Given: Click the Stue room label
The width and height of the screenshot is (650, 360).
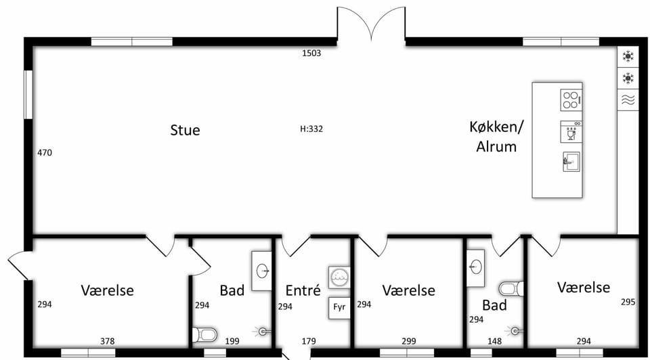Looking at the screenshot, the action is (185, 130).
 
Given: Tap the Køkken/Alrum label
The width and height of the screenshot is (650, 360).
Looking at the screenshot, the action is (496, 136).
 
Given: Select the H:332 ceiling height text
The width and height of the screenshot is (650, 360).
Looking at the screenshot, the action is (311, 129).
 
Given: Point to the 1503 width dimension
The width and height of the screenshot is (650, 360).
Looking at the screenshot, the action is (311, 53).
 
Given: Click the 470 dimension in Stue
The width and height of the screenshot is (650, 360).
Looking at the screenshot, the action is (45, 152).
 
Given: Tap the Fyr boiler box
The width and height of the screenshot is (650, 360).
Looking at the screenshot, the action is (339, 307).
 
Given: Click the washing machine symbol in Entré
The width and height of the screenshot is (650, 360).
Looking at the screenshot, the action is (339, 277).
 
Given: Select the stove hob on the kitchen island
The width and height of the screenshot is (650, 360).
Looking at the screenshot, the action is (571, 100).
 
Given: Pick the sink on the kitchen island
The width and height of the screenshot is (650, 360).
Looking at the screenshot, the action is (571, 162).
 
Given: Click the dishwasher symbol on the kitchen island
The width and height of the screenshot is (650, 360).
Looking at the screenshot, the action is (571, 132).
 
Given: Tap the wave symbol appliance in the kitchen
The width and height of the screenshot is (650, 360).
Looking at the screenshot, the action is (628, 99).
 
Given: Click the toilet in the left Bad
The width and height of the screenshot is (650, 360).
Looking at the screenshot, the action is (204, 334).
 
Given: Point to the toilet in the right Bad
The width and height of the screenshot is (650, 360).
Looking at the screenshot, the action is (511, 288).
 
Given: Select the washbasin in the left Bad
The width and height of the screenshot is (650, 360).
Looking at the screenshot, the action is (262, 271).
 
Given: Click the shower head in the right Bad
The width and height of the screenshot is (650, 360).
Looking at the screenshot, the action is (514, 331).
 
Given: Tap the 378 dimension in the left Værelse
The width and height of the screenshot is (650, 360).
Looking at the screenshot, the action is (108, 341).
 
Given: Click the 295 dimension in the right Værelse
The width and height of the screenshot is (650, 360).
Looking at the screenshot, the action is (628, 302).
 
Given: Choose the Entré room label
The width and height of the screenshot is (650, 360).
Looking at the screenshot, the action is (303, 290).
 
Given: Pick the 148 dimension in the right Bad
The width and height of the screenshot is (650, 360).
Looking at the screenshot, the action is (494, 341).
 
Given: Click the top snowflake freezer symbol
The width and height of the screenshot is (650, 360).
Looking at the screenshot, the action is (628, 56).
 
